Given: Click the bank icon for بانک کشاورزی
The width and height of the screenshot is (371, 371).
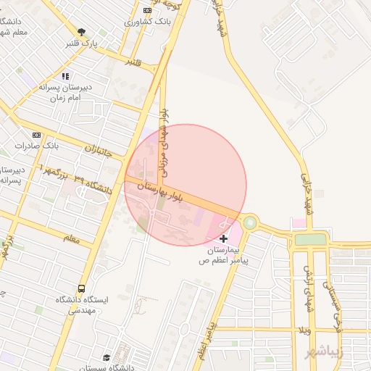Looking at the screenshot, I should click(x=148, y=10).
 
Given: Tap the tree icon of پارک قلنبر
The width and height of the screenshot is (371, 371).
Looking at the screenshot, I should click(x=80, y=32).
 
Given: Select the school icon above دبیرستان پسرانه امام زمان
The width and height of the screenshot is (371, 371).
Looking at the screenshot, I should click(x=66, y=75).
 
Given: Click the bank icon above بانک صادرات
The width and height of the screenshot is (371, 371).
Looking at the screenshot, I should click(x=36, y=135).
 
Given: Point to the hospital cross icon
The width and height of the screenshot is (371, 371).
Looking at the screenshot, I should click(x=223, y=238).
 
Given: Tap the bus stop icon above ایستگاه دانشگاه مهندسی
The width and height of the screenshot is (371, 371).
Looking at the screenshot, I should click(x=81, y=288).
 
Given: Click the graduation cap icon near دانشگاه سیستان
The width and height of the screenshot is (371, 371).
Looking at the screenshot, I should click(x=107, y=357).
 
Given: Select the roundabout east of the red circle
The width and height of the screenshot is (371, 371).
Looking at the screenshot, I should click(x=250, y=222).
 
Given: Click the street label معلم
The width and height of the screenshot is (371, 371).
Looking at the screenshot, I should click(x=71, y=238).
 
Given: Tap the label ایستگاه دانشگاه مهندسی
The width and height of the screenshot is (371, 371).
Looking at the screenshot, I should click(x=82, y=304).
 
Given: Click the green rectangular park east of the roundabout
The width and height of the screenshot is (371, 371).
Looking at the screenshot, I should click(x=310, y=239).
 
